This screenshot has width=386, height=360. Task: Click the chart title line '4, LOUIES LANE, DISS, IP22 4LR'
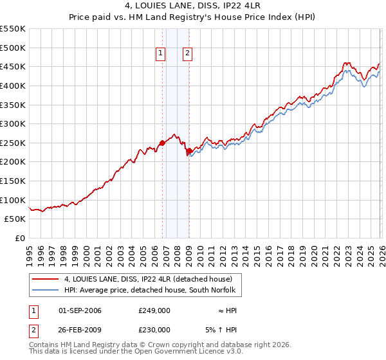(193, 6)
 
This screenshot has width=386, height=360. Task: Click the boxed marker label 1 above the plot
(160, 54)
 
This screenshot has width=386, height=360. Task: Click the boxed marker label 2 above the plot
(187, 54)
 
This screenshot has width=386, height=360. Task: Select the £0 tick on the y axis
(21, 238)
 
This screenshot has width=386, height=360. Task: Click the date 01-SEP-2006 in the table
(80, 310)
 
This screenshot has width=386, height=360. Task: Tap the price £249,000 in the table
(154, 310)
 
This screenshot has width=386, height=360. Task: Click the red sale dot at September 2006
(162, 143)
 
